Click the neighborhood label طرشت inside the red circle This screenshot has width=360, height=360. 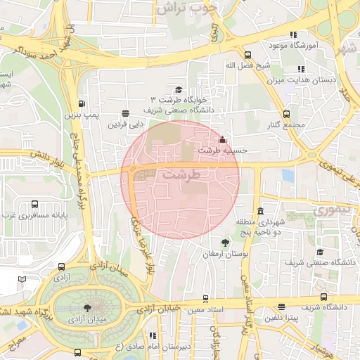pyautogui.click(x=181, y=173)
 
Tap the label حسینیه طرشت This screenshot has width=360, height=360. pyautogui.click(x=219, y=150)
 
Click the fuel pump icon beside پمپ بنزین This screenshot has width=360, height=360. pyautogui.click(x=84, y=101)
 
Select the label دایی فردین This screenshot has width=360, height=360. pyautogui.click(x=125, y=124)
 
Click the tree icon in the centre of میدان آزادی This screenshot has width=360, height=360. pyautogui.click(x=86, y=307)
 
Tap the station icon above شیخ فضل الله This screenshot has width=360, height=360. pyautogui.click(x=247, y=55)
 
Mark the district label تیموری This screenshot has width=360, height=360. pyautogui.click(x=326, y=210)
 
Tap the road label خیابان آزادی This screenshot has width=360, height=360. pyautogui.click(x=159, y=309)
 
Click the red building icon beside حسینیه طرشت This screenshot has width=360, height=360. pyautogui.click(x=223, y=139)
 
